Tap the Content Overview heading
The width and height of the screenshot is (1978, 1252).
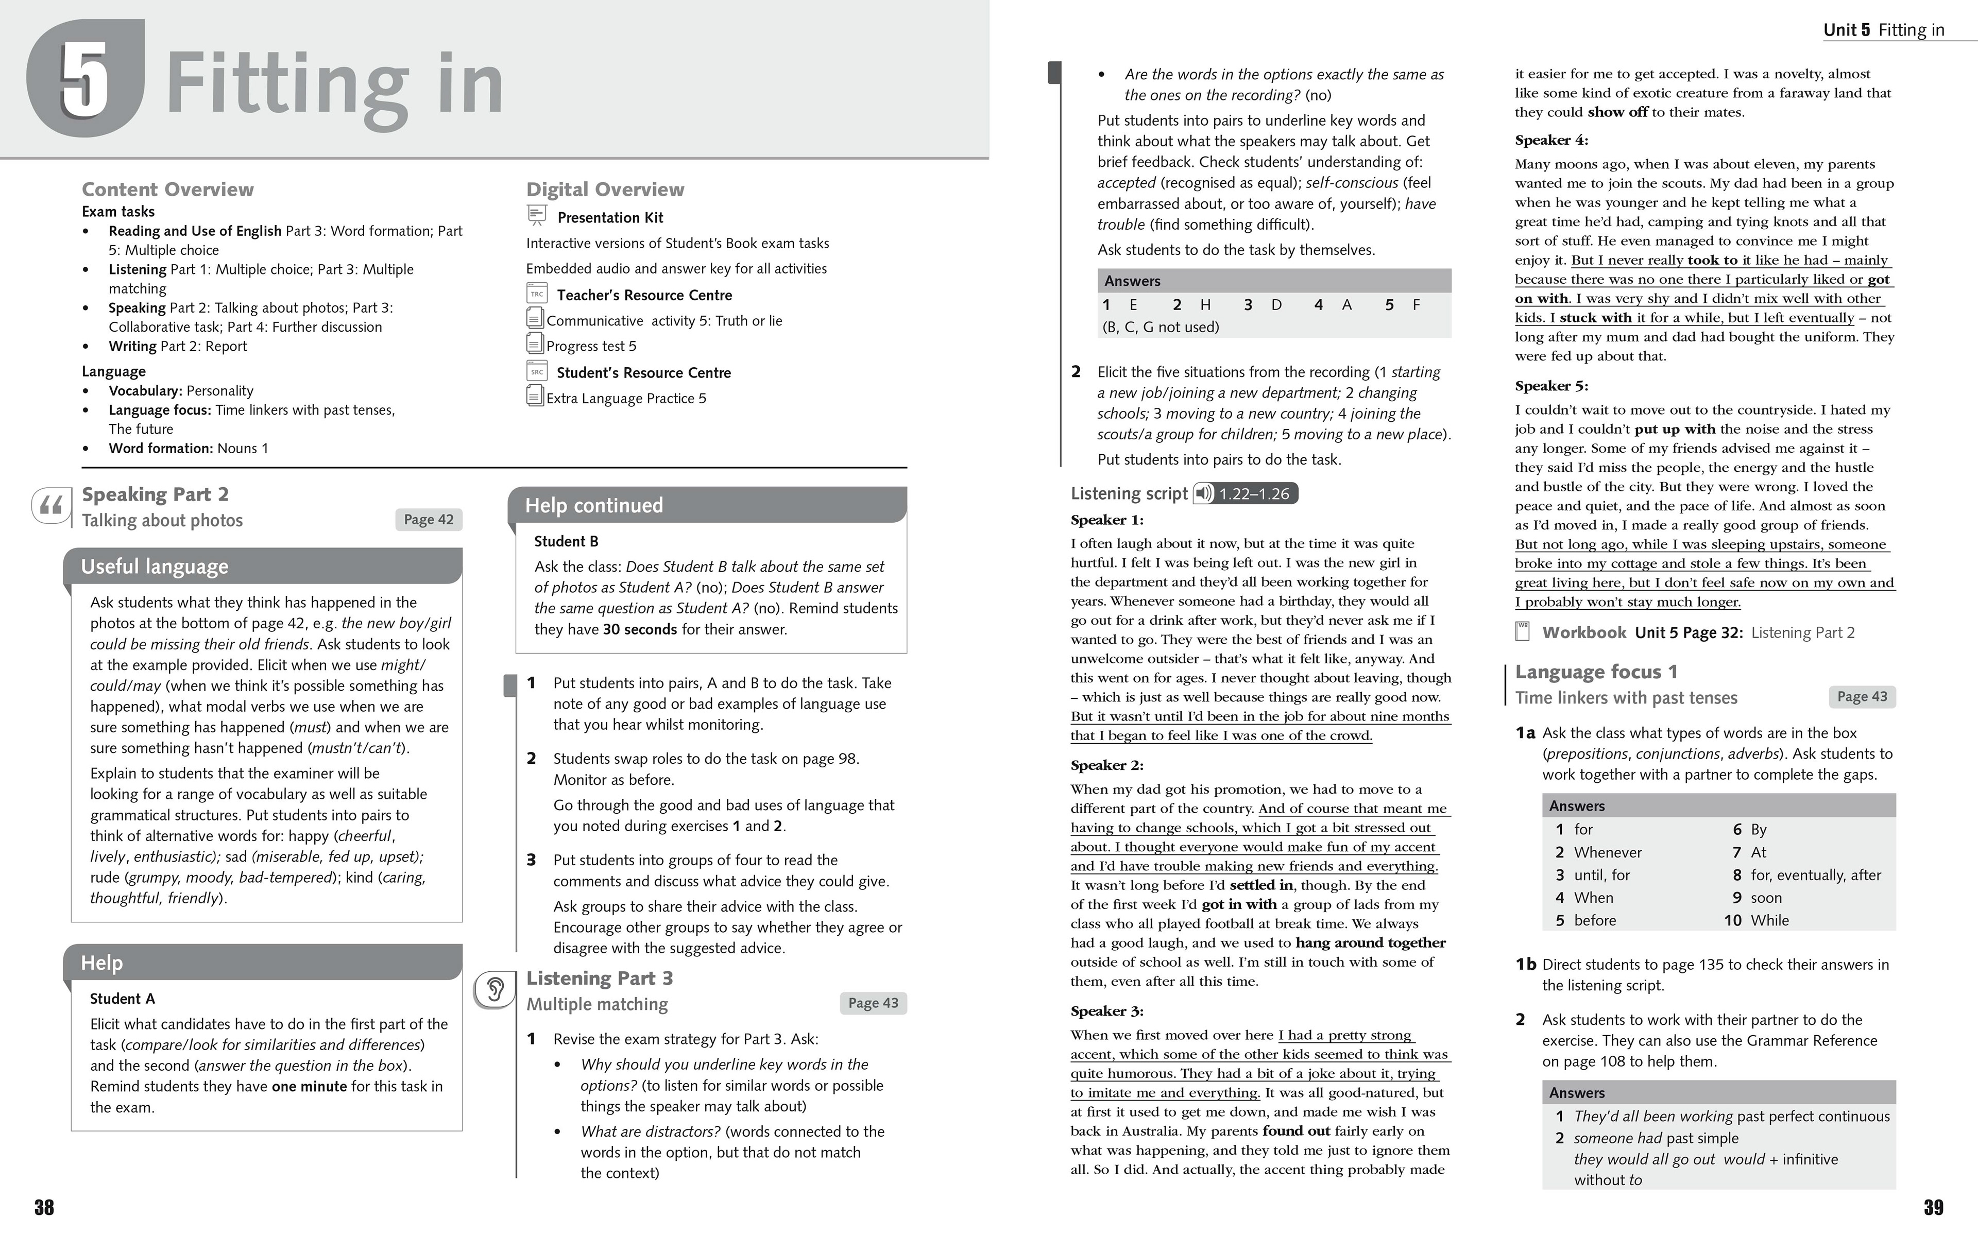click(167, 190)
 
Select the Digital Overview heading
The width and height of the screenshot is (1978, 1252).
click(605, 190)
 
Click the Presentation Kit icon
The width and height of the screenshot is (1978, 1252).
click(536, 216)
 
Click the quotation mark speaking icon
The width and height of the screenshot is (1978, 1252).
click(51, 506)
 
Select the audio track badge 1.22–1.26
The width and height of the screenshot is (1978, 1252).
click(1246, 494)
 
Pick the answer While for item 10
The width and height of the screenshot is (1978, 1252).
click(1769, 921)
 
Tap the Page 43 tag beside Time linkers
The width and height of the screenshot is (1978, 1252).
click(1862, 697)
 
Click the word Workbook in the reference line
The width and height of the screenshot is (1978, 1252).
click(1584, 632)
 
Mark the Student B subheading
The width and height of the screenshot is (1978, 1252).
click(566, 541)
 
